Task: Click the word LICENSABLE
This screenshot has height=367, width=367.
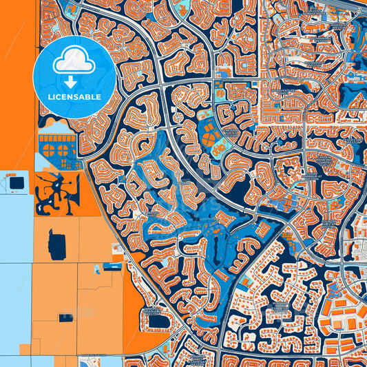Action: pos(74,96)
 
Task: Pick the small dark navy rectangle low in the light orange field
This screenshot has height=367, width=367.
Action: pos(67,317)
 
